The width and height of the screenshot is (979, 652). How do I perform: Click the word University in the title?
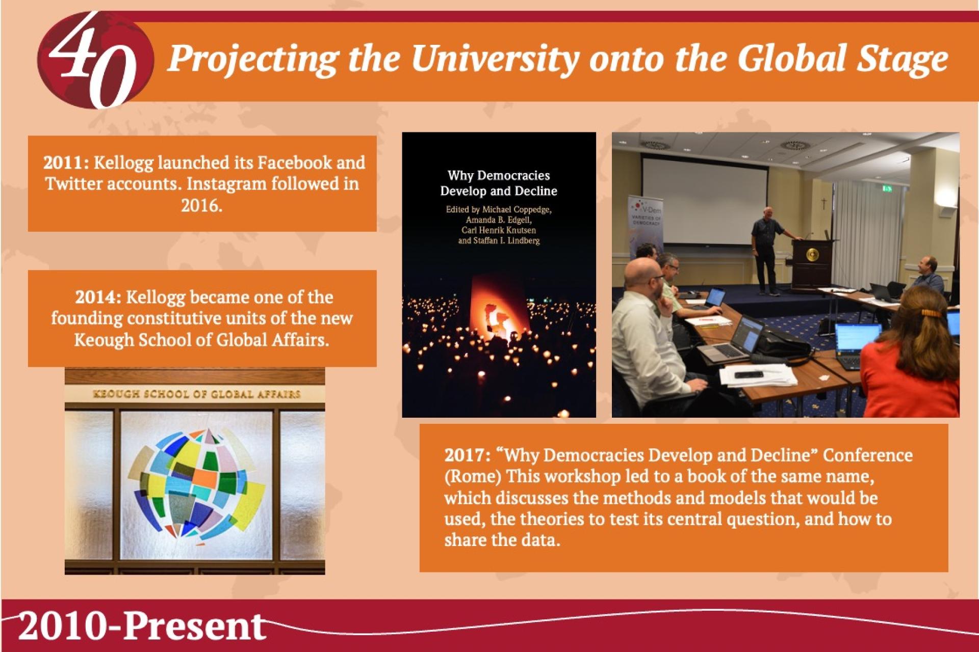pyautogui.click(x=495, y=59)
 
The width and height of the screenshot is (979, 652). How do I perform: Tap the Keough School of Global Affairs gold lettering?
pyautogui.click(x=197, y=394)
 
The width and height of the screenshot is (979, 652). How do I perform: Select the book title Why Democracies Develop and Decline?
pyautogui.click(x=499, y=183)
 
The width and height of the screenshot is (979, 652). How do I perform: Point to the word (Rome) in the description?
pyautogui.click(x=473, y=476)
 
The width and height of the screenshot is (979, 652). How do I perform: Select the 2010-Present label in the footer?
pyautogui.click(x=142, y=627)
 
